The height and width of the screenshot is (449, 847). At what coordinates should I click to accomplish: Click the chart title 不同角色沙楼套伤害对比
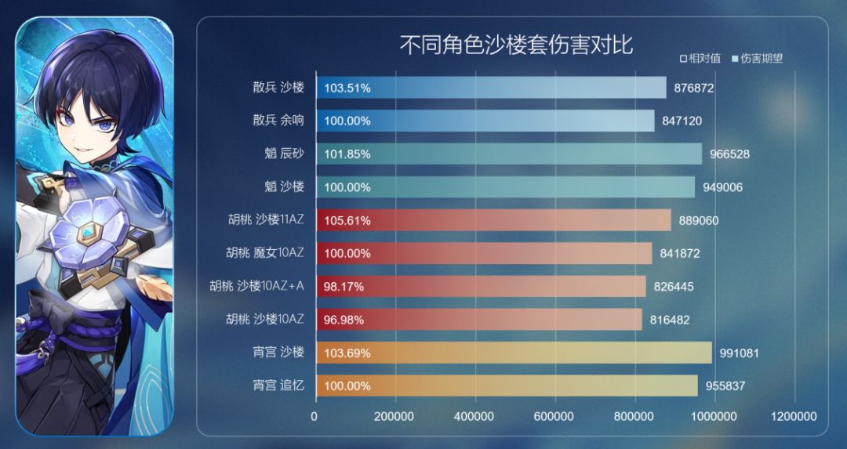[x=516, y=45]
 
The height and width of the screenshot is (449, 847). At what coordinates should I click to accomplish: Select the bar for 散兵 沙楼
[x=491, y=88]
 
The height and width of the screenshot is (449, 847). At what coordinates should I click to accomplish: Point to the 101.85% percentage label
[x=347, y=154]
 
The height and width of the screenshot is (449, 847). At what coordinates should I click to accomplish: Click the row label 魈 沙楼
[x=284, y=186]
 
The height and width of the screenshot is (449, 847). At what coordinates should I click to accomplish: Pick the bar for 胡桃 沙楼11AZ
[x=493, y=220]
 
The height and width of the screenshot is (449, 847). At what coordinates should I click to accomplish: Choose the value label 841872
[x=679, y=253]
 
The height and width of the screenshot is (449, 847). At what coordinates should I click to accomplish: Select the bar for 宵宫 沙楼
[x=514, y=353]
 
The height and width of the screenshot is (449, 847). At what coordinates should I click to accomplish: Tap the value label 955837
[x=725, y=386]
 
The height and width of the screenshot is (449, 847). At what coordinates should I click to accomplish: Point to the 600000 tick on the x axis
[x=554, y=416]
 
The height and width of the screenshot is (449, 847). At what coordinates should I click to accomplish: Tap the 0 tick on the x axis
[x=314, y=416]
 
